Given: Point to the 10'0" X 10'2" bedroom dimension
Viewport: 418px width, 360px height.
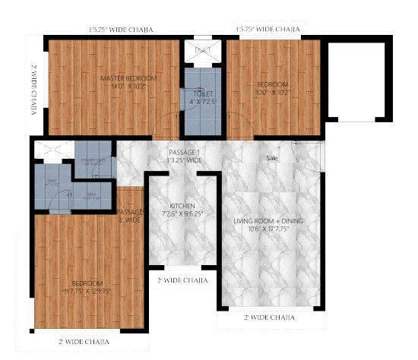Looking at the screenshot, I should click(272, 92).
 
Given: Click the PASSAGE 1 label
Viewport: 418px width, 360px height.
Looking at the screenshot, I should click(185, 153).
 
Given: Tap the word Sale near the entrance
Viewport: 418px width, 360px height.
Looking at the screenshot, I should click(272, 159).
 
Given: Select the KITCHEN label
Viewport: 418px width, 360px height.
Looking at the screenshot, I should click(182, 206).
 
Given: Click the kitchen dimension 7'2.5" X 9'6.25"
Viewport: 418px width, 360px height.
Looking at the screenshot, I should click(182, 214).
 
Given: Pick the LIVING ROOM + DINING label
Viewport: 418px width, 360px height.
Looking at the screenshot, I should click(268, 220).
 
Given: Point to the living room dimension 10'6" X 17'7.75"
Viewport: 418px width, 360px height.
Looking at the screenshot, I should click(268, 229).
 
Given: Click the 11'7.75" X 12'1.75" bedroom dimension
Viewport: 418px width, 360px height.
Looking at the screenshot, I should click(82, 290).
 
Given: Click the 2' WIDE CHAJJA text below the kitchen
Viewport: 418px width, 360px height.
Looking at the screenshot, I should click(182, 280).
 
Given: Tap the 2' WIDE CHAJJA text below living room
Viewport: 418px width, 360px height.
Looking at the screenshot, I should click(268, 317).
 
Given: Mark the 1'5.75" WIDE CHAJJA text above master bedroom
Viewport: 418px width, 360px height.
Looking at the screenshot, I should click(120, 30).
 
